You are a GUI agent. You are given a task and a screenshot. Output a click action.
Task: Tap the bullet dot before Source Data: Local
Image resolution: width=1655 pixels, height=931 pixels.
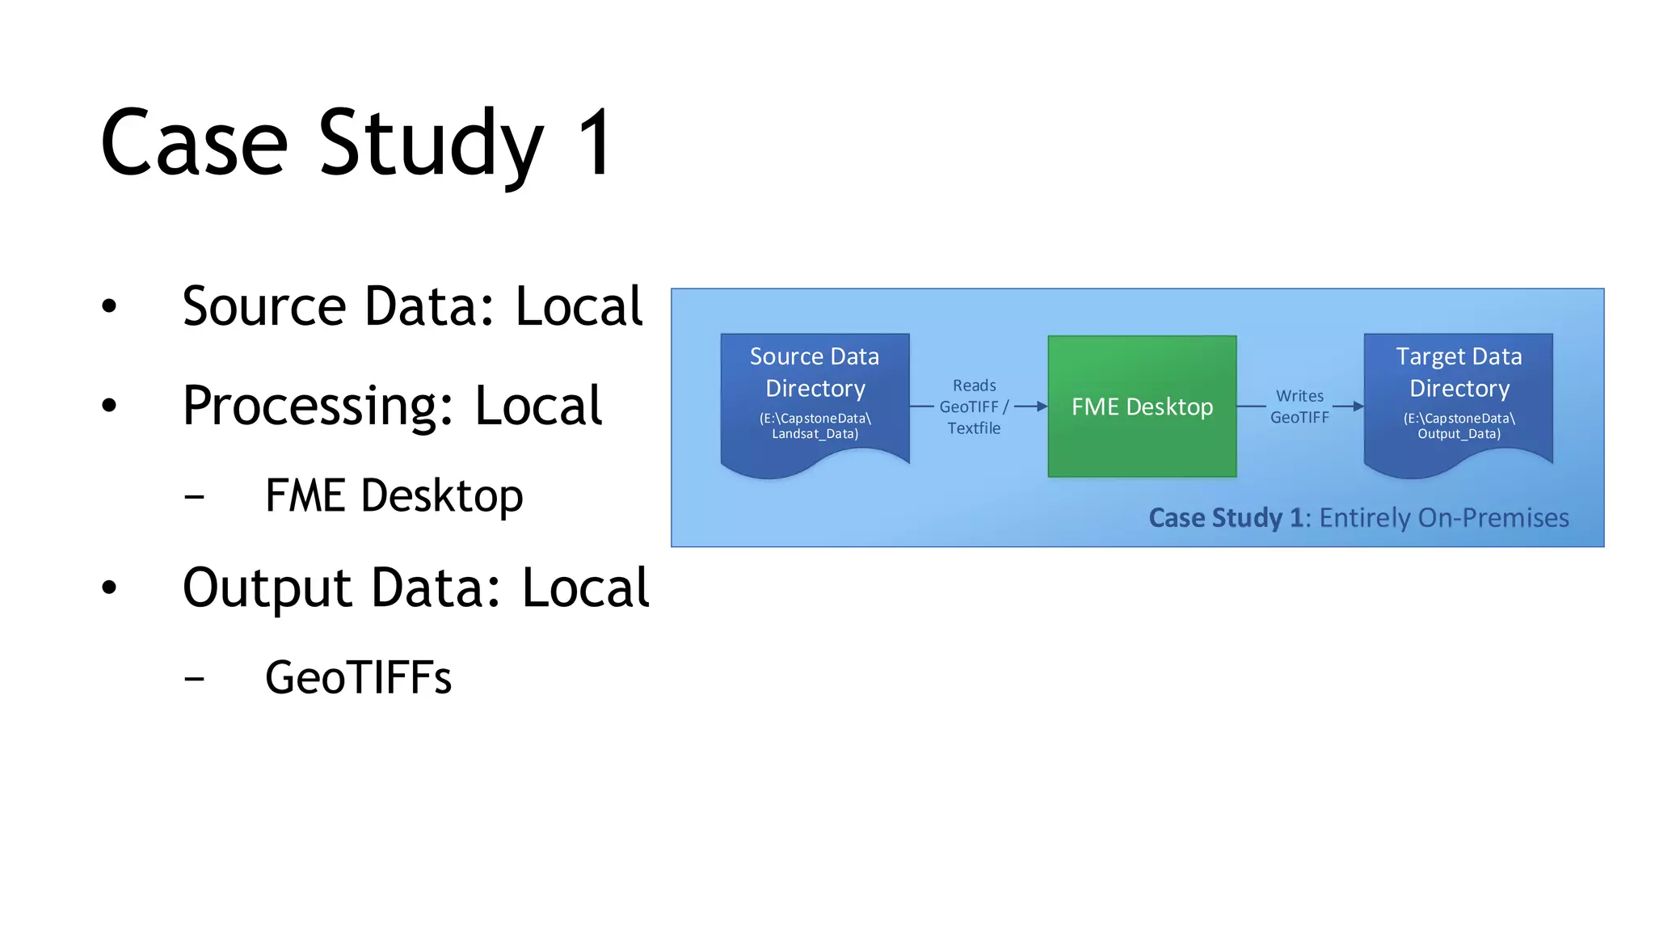point(110,306)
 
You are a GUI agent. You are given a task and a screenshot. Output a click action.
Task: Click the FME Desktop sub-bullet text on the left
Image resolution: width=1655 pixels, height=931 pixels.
point(394,495)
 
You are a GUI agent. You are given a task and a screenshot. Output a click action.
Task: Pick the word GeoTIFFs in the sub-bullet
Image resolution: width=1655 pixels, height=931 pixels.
point(358,677)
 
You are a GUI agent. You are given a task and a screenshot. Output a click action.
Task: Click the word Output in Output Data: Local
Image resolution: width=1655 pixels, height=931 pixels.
point(267,588)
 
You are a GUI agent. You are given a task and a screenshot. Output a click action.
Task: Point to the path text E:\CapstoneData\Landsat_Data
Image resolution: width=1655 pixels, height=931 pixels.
point(815,426)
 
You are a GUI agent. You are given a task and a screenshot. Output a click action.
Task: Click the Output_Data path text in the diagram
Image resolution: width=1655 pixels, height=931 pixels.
point(1459,434)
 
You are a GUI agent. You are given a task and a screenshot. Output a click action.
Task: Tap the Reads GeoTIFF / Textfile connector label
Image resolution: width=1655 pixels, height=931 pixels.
point(974,407)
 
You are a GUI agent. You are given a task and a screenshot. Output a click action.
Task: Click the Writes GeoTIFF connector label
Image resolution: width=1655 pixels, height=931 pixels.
point(1299,407)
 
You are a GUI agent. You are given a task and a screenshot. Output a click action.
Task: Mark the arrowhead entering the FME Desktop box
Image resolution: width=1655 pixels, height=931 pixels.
point(1042,407)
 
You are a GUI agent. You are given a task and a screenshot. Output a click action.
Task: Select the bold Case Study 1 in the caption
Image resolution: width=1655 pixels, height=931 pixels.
point(1225,517)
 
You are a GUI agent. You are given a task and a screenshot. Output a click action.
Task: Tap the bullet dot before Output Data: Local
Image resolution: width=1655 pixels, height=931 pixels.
point(110,588)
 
